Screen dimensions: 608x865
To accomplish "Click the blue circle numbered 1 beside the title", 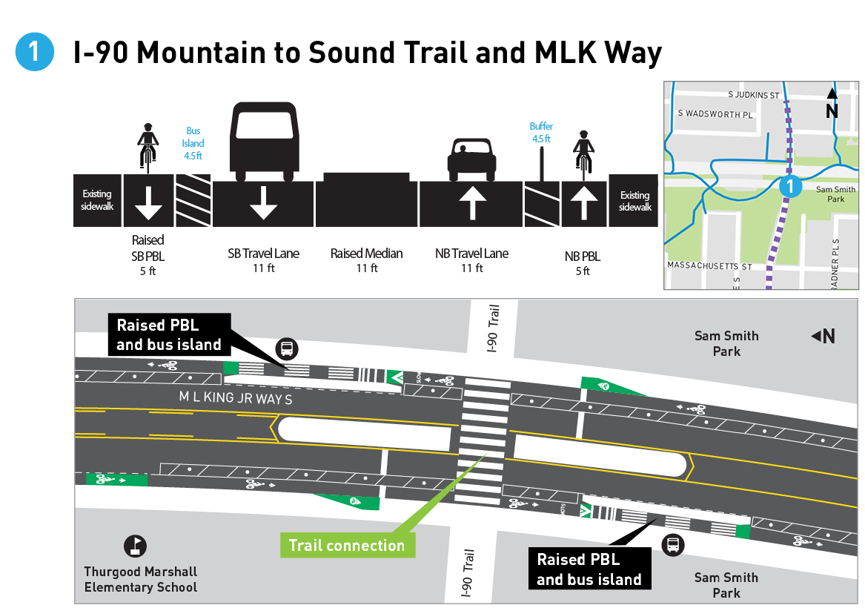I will pyautogui.click(x=34, y=53).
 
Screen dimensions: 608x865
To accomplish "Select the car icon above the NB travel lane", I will pyautogui.click(x=471, y=159).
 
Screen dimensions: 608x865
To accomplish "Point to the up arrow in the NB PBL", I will pyautogui.click(x=583, y=201).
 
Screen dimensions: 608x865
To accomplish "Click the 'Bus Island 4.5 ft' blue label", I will pyautogui.click(x=193, y=143).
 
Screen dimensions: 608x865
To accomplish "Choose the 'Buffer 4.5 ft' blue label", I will pyautogui.click(x=541, y=132).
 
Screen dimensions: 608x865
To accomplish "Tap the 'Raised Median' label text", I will pyautogui.click(x=367, y=254).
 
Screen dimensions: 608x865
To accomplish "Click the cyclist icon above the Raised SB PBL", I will pyautogui.click(x=148, y=145).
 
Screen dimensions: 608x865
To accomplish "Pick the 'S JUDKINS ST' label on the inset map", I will pyautogui.click(x=752, y=96).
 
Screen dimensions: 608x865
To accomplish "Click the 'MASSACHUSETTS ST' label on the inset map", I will pyautogui.click(x=709, y=265).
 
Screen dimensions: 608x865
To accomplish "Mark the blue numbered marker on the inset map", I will pyautogui.click(x=791, y=186).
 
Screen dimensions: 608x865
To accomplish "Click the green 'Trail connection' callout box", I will pyautogui.click(x=346, y=546).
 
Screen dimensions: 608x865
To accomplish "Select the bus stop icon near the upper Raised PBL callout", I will pyautogui.click(x=287, y=348).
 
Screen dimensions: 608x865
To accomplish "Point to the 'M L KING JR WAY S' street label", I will pyautogui.click(x=236, y=399).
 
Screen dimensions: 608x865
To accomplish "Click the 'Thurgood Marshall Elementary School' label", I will pyautogui.click(x=141, y=579).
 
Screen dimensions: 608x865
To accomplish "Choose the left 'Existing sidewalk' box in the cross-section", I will pyautogui.click(x=98, y=201).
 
